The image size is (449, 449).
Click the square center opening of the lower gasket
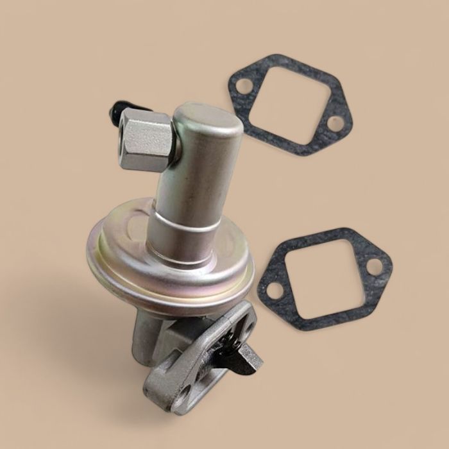tap(325, 277)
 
